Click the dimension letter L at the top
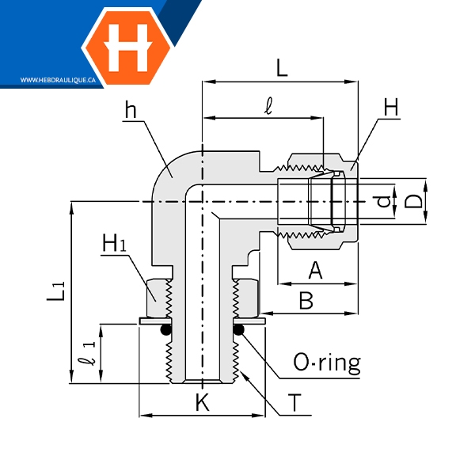pos(282,69)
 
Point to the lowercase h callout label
pos(131,112)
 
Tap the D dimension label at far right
pos(413,201)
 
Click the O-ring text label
pos(326,363)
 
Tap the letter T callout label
pos(296,404)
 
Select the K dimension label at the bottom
pos(202,403)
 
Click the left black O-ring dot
pos(166,329)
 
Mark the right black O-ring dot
pos(238,329)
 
